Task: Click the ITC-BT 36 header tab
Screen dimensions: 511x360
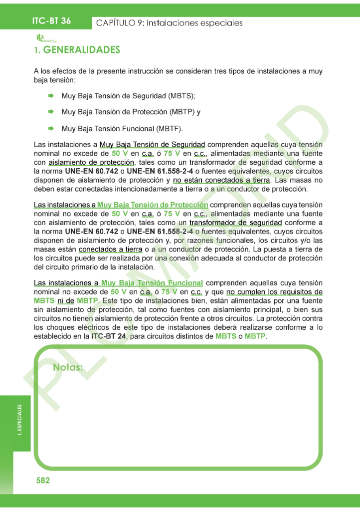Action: pos(51,21)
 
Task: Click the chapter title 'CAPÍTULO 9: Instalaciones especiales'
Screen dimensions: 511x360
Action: pos(169,23)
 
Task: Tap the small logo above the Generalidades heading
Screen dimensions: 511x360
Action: pos(45,38)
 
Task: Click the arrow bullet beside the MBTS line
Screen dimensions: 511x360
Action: pos(51,95)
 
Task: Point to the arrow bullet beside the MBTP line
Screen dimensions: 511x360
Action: pos(51,112)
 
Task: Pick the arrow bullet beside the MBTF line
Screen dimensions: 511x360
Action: pos(51,128)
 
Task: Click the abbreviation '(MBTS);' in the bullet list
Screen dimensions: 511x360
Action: pos(181,95)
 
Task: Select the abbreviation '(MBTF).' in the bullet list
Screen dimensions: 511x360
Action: pos(170,128)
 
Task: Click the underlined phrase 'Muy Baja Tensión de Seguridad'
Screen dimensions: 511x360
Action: pos(153,145)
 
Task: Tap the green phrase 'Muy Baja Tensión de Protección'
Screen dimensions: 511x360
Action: pos(153,205)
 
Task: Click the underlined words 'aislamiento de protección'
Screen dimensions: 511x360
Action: pos(92,163)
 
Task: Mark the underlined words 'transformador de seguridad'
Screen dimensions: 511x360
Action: pos(235,223)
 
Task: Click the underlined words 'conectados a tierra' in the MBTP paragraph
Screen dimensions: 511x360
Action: pos(111,249)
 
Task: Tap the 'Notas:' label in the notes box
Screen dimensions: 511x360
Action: pos(67,368)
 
